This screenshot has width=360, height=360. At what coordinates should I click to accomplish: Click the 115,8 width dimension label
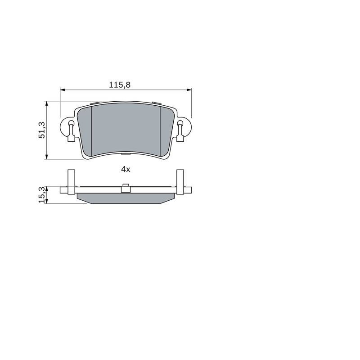point(119,85)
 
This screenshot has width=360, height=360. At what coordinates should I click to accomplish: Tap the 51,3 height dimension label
point(42,130)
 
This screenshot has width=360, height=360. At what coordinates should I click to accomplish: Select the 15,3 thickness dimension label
point(42,195)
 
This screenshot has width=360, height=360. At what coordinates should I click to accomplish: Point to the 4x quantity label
point(126,170)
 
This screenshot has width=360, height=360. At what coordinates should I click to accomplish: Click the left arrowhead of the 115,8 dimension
point(63,90)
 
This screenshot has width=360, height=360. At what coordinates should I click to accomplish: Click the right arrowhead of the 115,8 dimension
point(189,90)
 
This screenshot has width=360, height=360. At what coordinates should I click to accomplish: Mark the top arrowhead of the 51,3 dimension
point(47,103)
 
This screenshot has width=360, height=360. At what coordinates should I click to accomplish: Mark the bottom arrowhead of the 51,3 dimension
point(47,157)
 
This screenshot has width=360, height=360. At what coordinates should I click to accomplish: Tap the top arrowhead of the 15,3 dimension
point(47,189)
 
